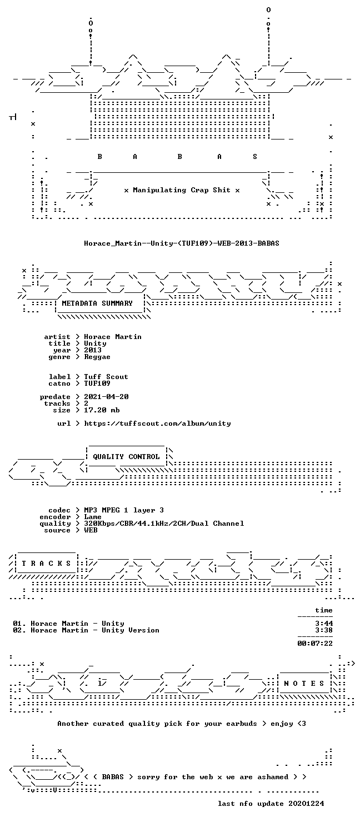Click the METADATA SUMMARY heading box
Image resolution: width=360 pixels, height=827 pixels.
(97, 303)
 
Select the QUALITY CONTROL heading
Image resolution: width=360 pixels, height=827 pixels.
(126, 457)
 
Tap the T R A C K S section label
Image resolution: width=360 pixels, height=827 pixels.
(46, 564)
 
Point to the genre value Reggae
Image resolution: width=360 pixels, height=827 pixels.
(97, 357)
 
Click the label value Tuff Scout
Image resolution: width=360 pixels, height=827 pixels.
(106, 377)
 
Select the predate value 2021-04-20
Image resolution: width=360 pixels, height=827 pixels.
(106, 397)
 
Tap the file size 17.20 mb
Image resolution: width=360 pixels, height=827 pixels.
(102, 410)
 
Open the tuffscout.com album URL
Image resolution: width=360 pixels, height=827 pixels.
(157, 424)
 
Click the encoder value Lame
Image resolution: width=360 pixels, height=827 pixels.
(93, 517)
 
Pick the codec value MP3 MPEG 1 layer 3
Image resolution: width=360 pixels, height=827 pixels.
(124, 510)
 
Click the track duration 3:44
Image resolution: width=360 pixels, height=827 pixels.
(324, 624)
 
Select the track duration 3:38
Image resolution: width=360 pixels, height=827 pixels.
(324, 630)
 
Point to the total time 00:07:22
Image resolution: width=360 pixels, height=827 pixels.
(315, 644)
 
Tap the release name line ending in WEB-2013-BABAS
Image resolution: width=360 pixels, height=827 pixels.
(182, 243)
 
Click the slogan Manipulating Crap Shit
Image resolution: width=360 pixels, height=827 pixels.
(182, 190)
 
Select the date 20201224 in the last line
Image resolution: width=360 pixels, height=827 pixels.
(306, 804)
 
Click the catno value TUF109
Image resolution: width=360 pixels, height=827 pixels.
(97, 383)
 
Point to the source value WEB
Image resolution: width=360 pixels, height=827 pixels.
(91, 530)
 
